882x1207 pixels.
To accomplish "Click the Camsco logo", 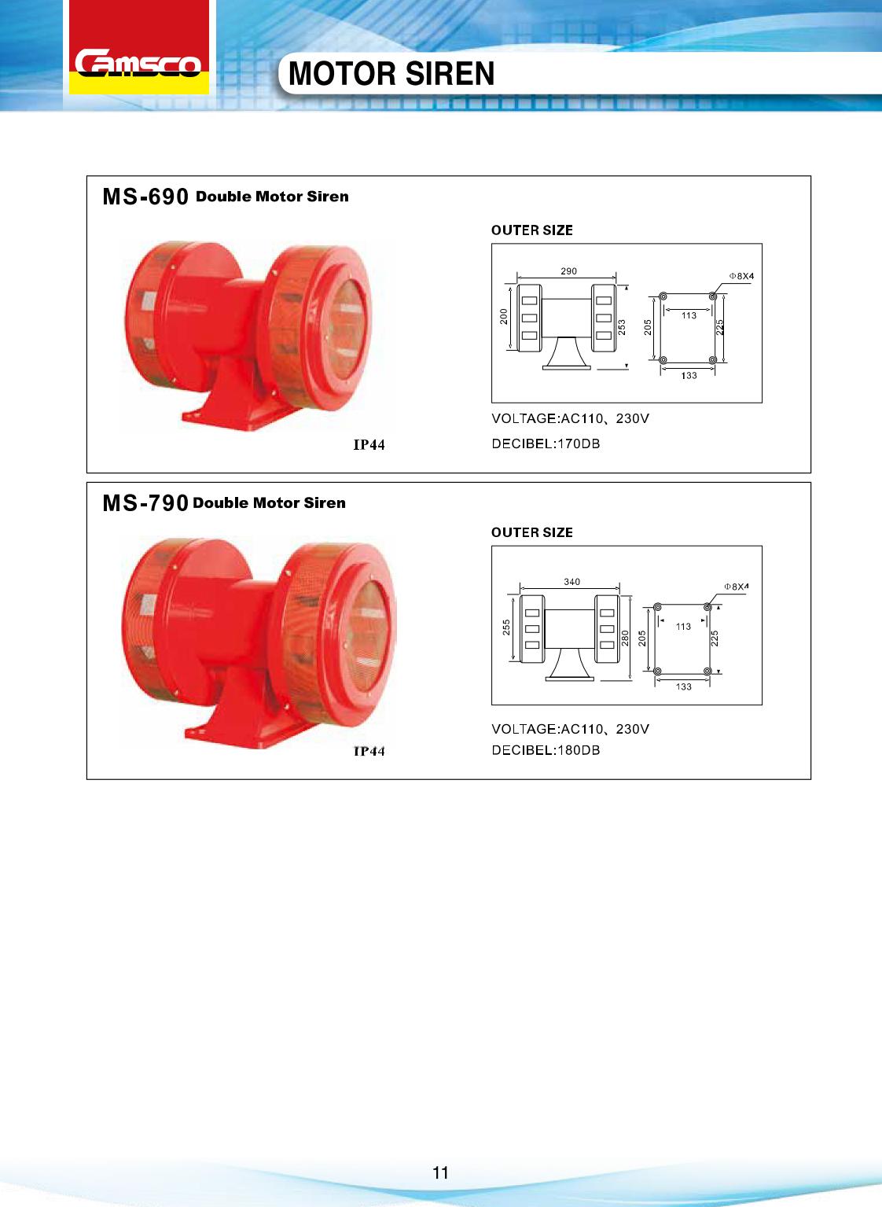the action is click(x=138, y=63).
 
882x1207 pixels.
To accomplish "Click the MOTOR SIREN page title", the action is click(x=391, y=74).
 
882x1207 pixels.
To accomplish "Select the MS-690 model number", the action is click(x=145, y=197).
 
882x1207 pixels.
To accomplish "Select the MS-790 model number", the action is click(x=145, y=503).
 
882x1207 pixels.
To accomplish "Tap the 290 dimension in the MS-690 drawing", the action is click(x=568, y=271).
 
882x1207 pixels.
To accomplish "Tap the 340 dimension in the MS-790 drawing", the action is click(x=571, y=581).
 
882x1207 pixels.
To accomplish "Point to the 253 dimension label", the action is click(x=622, y=328).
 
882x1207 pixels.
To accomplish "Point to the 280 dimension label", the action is click(x=625, y=638).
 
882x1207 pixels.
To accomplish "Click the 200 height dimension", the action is click(x=504, y=316).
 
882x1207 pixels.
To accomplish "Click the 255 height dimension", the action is click(x=506, y=627).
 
